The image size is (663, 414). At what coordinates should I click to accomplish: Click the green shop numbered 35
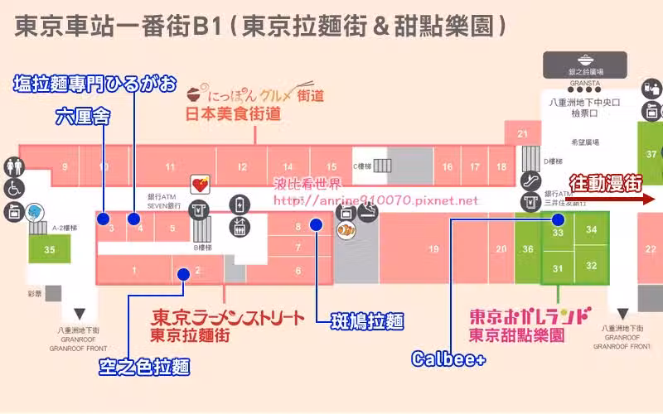pyautogui.click(x=51, y=249)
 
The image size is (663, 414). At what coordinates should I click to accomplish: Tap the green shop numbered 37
pyautogui.click(x=651, y=153)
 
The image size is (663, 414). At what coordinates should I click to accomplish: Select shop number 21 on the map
pyautogui.click(x=522, y=133)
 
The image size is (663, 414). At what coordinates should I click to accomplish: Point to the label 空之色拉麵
pyautogui.click(x=145, y=366)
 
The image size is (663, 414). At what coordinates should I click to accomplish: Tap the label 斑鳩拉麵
pyautogui.click(x=367, y=320)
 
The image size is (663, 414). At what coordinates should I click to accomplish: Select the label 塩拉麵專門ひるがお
pyautogui.click(x=94, y=83)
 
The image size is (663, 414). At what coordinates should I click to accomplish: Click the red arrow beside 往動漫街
pyautogui.click(x=646, y=199)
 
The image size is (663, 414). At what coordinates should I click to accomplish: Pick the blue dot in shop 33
pyautogui.click(x=558, y=220)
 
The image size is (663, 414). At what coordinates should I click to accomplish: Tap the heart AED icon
pyautogui.click(x=200, y=184)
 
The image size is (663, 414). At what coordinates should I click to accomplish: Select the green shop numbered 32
pyautogui.click(x=591, y=266)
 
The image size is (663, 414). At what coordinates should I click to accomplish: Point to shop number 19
pyautogui.click(x=433, y=249)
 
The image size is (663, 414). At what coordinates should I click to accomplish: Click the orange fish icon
pyautogui.click(x=346, y=229)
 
